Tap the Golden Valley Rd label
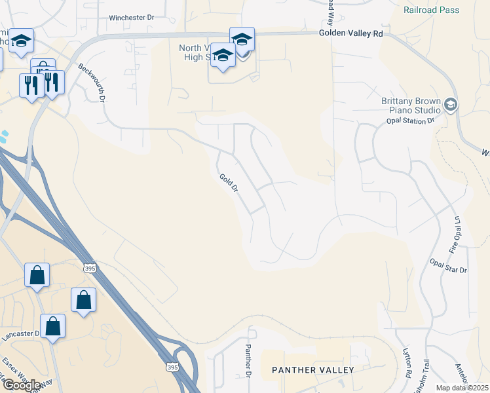(x=350, y=33)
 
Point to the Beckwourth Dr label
(x=91, y=84)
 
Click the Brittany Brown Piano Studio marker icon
(x=450, y=104)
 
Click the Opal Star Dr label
(x=448, y=265)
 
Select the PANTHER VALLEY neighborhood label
(x=313, y=370)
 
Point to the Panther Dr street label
(x=248, y=361)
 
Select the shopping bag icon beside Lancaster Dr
(x=52, y=325)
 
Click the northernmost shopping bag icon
(x=37, y=274)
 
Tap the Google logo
(x=22, y=385)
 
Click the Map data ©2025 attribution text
(x=462, y=388)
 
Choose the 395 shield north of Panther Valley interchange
(x=90, y=269)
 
